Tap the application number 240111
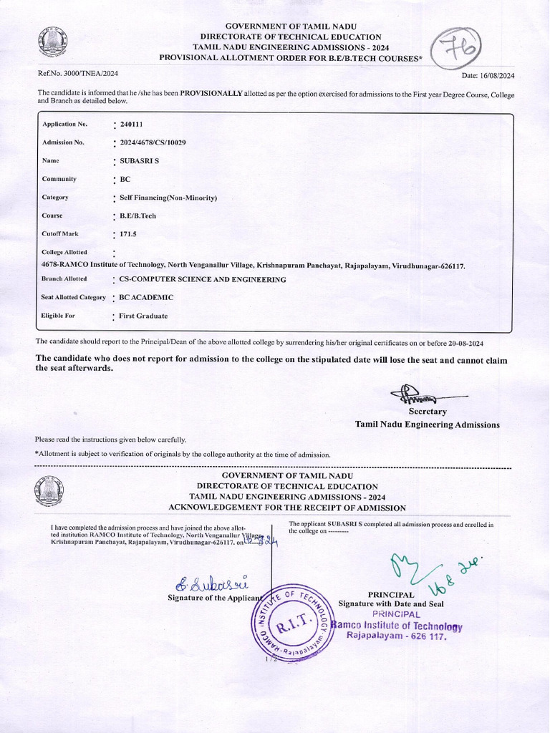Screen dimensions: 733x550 pyautogui.click(x=131, y=125)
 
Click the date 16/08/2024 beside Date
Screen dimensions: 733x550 pyautogui.click(x=496, y=75)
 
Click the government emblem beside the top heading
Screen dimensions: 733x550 pyautogui.click(x=52, y=44)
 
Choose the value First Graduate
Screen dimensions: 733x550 pyautogui.click(x=143, y=316)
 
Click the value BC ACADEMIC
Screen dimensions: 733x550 pyautogui.click(x=146, y=297)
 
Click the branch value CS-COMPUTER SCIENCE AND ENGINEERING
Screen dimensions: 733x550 pyautogui.click(x=203, y=279)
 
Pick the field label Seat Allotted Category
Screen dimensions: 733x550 pyautogui.click(x=73, y=297)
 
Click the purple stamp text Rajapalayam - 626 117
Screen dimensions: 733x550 pyautogui.click(x=396, y=636)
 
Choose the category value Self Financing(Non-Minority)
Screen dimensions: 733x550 pyautogui.click(x=168, y=198)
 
